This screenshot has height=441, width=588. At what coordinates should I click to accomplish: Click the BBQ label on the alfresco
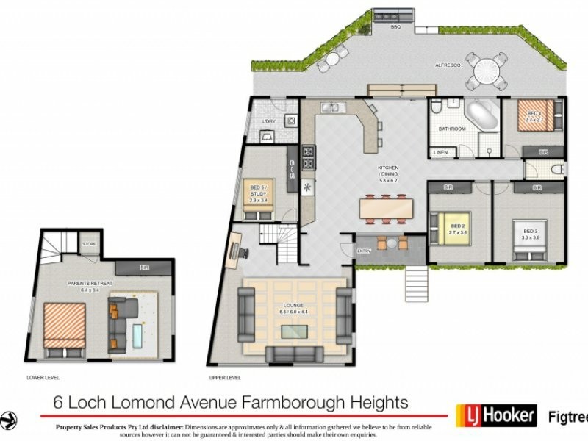(395, 27)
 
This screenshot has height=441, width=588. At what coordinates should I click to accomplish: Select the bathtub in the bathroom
(482, 116)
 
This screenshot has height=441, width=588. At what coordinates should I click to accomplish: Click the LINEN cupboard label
(441, 152)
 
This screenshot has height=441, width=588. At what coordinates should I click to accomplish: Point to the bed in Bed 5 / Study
(258, 198)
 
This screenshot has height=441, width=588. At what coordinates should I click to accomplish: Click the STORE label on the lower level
(89, 244)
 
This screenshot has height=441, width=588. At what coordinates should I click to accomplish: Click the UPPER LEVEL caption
(226, 378)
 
